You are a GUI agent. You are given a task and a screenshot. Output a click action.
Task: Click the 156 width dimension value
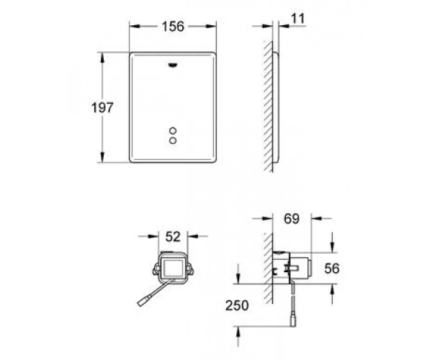(x=173, y=27)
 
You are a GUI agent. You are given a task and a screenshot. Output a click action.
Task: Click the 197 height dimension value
(x=102, y=107)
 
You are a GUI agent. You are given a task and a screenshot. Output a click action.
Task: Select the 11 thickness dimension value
(x=298, y=19)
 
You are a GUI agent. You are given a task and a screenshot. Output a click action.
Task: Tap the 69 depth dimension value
(x=292, y=219)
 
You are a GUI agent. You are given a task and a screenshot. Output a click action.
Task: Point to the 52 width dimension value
(x=173, y=237)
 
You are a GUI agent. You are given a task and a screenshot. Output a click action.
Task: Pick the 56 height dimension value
(x=332, y=269)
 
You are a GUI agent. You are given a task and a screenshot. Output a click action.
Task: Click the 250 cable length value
(x=237, y=305)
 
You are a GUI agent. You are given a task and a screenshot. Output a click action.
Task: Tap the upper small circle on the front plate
(x=173, y=130)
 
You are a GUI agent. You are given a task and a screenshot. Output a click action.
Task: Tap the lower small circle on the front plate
(x=173, y=140)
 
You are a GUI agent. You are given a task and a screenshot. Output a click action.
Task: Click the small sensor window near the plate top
(x=173, y=65)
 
